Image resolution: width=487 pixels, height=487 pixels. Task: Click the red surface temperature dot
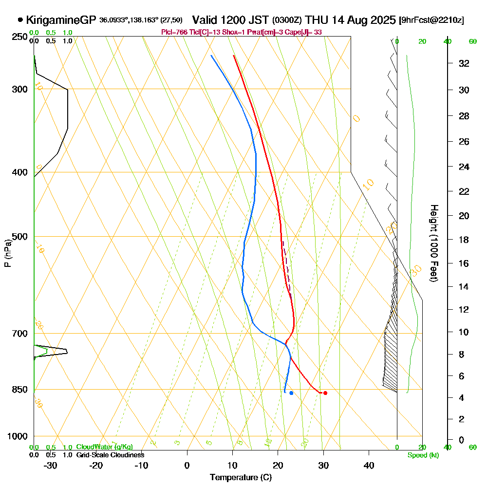coord(325,393)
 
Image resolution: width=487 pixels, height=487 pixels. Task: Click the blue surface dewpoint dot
coord(291,393)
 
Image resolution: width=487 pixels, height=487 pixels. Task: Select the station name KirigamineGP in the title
coord(61,20)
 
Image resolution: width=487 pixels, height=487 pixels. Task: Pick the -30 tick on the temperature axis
coord(51,465)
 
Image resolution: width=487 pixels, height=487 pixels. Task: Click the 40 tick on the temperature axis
coord(369,465)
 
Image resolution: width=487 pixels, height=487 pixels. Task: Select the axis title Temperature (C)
coord(241,478)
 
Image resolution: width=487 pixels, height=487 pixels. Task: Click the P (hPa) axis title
coord(7,253)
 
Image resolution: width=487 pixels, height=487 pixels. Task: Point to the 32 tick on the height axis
coord(464,63)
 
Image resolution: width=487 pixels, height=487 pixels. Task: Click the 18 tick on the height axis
coord(464,240)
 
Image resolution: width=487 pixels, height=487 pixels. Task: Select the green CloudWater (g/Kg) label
coord(104,447)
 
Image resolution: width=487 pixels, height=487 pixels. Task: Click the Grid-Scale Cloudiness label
coord(110,455)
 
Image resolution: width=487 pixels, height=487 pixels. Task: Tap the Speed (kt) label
coord(422,455)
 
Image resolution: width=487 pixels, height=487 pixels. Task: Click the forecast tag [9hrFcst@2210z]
coord(431,20)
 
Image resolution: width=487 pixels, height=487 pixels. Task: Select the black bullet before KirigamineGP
coord(20,20)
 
